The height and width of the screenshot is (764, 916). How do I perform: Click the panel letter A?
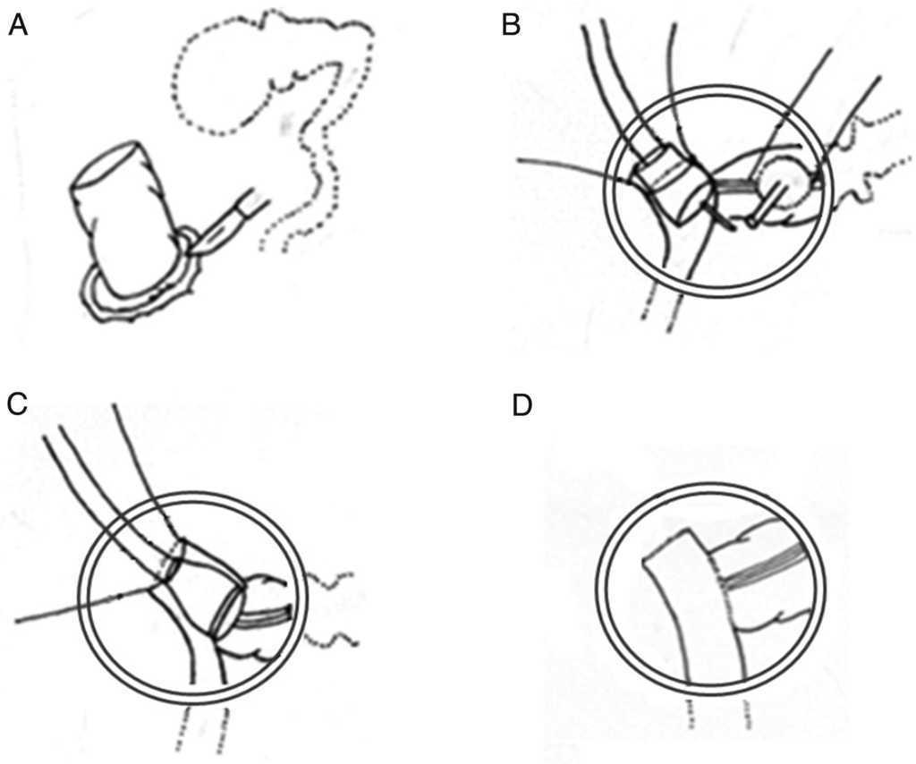(17, 26)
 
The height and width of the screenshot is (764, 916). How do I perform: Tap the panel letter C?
(17, 404)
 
